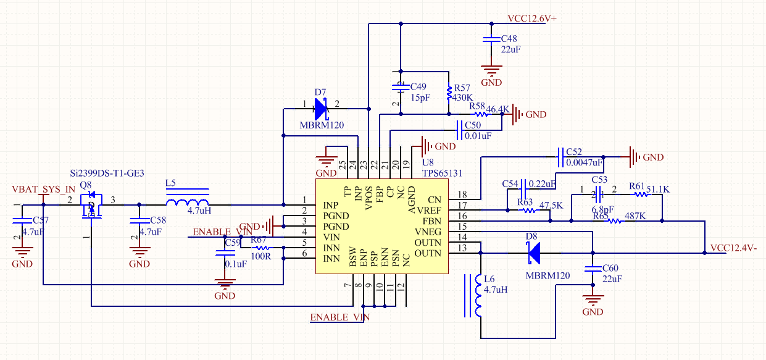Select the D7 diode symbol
321,109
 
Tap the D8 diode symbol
533,252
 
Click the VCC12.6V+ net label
531,19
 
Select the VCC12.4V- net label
733,248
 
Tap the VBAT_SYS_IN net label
43,188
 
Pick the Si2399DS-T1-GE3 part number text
107,174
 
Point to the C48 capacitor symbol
491,38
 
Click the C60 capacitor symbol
593,269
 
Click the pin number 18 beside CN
462,195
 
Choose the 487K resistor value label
635,216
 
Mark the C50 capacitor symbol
459,130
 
